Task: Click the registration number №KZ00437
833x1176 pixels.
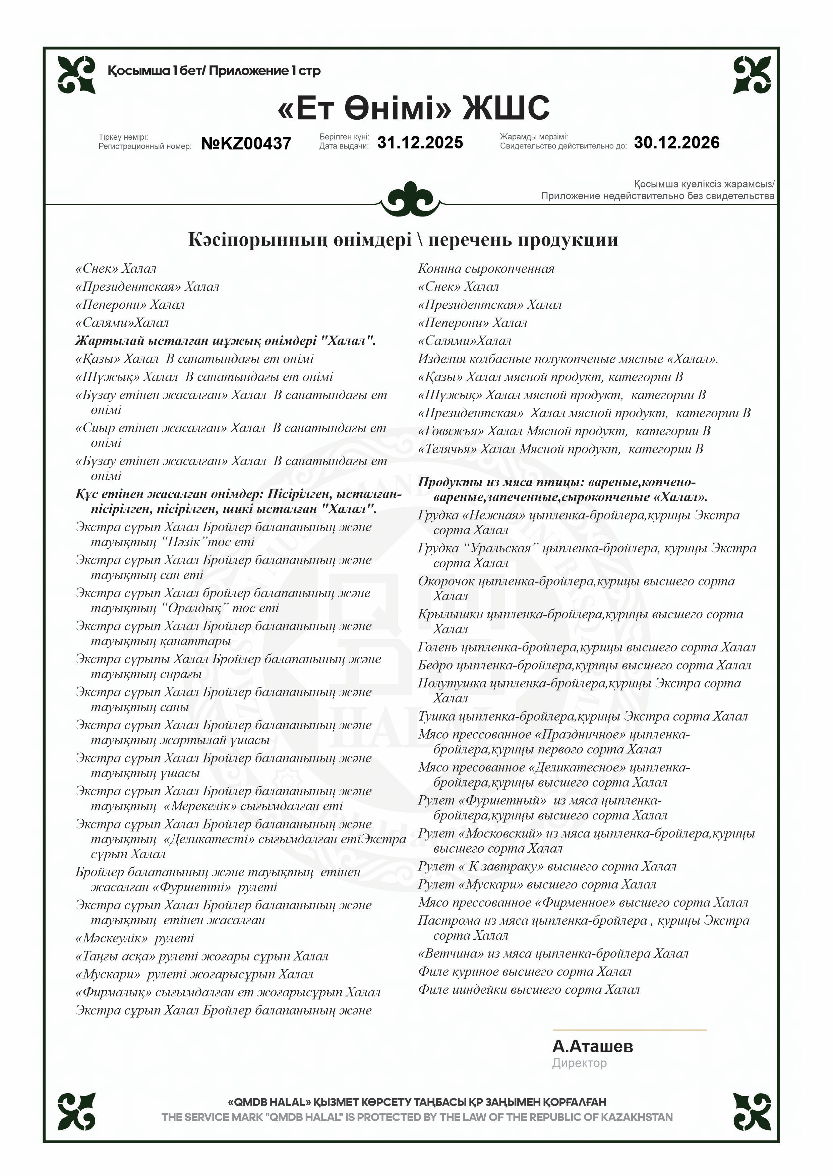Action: pyautogui.click(x=246, y=143)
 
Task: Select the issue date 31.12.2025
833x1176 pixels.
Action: pyautogui.click(x=420, y=142)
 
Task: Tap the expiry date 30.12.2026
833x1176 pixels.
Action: pyautogui.click(x=676, y=142)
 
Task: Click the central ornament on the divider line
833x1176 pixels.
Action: pyautogui.click(x=410, y=199)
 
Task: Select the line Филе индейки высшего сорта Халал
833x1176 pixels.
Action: pyautogui.click(x=528, y=990)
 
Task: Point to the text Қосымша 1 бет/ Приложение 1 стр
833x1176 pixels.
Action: pyautogui.click(x=214, y=71)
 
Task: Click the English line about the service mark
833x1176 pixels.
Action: pyautogui.click(x=416, y=1117)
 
